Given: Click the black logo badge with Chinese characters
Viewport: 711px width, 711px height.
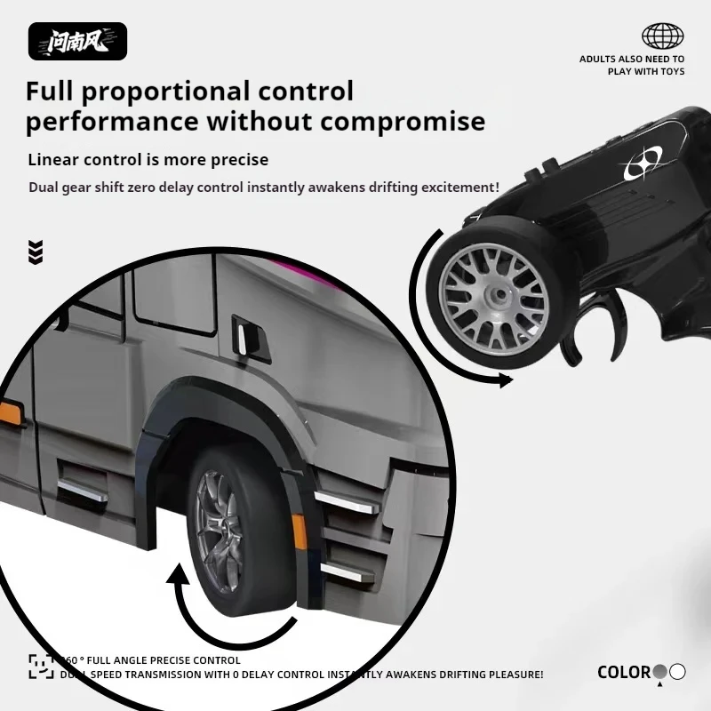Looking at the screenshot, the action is (77, 41).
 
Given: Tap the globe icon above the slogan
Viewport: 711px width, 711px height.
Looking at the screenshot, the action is (663, 36).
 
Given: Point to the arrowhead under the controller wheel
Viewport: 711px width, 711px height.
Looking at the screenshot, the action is (505, 380).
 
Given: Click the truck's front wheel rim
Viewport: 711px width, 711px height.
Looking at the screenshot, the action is (219, 531).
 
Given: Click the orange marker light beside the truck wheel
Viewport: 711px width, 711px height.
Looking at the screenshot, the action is (300, 531).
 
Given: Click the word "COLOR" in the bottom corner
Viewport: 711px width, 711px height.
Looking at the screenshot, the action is (624, 673).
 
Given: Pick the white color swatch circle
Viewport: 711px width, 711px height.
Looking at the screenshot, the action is (678, 672).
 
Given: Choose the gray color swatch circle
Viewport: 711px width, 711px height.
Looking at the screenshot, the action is (660, 672).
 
